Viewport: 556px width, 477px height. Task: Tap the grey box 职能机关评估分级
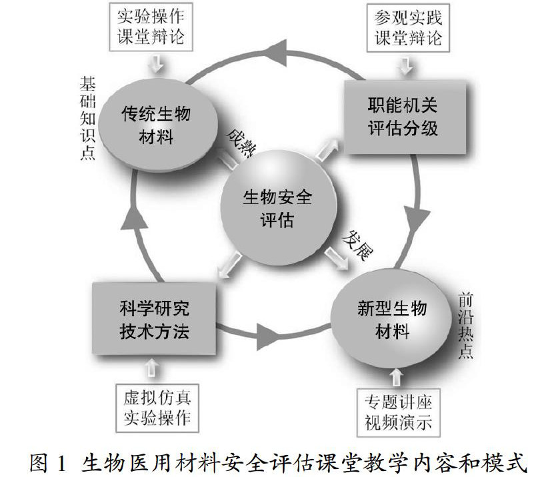pos(403,117)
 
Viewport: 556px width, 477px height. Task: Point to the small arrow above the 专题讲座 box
pos(399,378)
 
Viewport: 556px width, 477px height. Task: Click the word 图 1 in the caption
pos(50,461)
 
